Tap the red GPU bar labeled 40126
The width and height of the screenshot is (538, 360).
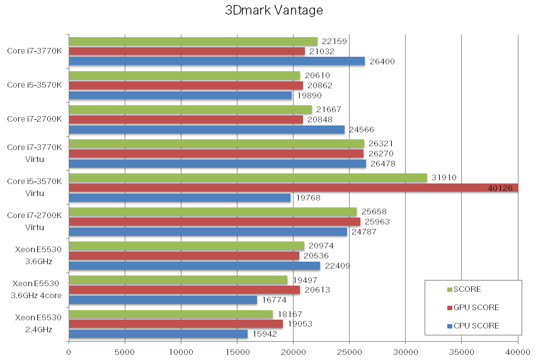click(x=293, y=187)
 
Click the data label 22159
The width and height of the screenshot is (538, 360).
click(x=334, y=42)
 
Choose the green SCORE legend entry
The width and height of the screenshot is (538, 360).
click(x=467, y=289)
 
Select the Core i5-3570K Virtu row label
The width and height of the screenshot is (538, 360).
click(x=35, y=187)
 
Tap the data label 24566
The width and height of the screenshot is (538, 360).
click(x=361, y=130)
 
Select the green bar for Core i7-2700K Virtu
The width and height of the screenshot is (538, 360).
click(x=212, y=212)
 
